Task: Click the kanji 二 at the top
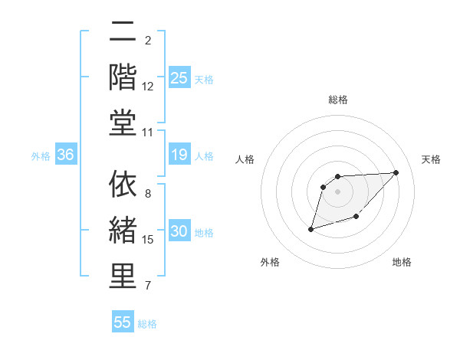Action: [x=123, y=31]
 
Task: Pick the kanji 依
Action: [x=123, y=185]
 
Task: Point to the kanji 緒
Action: [x=123, y=231]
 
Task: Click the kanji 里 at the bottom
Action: [x=123, y=277]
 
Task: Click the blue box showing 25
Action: [x=179, y=77]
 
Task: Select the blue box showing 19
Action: [x=179, y=155]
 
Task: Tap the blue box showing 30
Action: [x=179, y=231]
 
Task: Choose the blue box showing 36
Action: [x=65, y=155]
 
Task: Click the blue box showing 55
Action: [x=123, y=322]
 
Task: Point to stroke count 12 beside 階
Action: [x=148, y=87]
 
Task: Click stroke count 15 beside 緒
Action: [x=148, y=240]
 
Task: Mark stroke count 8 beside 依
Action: [x=148, y=193]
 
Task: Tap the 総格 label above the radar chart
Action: [x=338, y=100]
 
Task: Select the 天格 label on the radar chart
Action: [x=431, y=159]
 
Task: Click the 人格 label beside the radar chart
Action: [x=245, y=159]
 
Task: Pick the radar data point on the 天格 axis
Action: [x=396, y=172]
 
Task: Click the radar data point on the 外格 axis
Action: [x=310, y=228]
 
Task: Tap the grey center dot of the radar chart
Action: [x=338, y=191]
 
